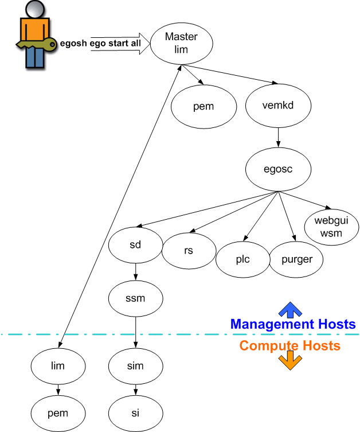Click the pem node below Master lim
tap(204, 107)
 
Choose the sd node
tap(135, 246)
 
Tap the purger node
tap(297, 259)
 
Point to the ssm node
tap(135, 298)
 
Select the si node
tap(135, 412)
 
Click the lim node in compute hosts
tap(57, 365)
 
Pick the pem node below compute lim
tap(57, 412)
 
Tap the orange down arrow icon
tap(289, 361)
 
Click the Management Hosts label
tap(292, 324)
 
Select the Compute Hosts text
tap(289, 345)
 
